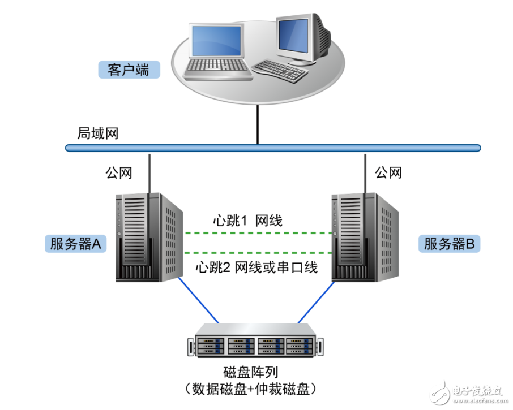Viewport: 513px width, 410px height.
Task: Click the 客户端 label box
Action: click(127, 70)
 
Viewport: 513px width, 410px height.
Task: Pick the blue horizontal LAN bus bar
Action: click(272, 148)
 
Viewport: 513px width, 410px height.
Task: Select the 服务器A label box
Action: click(75, 244)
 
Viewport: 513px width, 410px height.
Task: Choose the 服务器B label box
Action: click(449, 244)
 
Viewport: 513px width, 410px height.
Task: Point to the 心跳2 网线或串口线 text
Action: click(255, 267)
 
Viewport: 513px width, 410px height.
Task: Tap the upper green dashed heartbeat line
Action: click(258, 232)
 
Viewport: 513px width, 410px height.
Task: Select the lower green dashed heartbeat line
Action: click(258, 252)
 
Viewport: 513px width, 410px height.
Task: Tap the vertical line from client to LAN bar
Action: click(258, 124)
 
